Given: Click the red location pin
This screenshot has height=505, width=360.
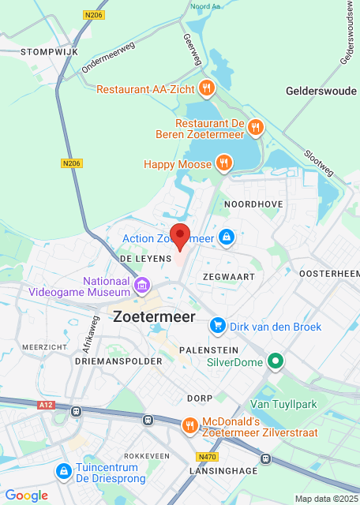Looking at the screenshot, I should [181, 237].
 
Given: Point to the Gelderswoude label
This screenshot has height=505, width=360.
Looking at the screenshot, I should [321, 91].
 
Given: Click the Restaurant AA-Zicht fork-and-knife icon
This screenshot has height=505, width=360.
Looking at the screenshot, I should [206, 88].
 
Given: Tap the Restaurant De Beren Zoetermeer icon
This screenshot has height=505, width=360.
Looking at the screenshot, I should [254, 126].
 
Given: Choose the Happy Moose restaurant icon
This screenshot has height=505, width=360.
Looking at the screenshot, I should [224, 163].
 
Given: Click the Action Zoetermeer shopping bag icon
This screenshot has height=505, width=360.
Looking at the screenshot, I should [227, 237].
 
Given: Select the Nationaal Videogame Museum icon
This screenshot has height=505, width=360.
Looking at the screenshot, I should [142, 283].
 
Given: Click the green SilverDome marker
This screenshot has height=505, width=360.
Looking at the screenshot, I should [276, 362].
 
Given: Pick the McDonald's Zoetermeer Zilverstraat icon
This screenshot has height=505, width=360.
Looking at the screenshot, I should [190, 426].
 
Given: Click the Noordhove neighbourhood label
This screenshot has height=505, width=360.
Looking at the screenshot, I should [253, 204].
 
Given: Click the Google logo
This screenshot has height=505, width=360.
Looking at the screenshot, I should [26, 495].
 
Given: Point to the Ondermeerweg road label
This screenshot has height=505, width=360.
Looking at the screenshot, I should [107, 58].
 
